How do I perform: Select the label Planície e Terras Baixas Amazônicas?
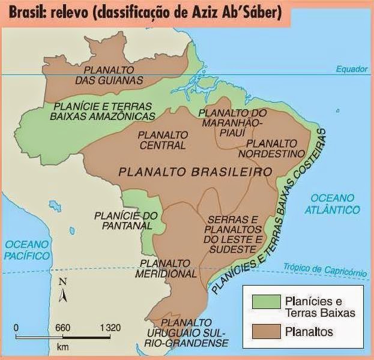coord(104,110)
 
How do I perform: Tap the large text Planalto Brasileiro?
coord(196,172)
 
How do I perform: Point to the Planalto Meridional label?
coord(168,268)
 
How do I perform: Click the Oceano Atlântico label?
coord(336,204)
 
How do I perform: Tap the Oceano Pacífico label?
coord(25,250)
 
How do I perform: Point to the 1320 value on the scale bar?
coord(110,328)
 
